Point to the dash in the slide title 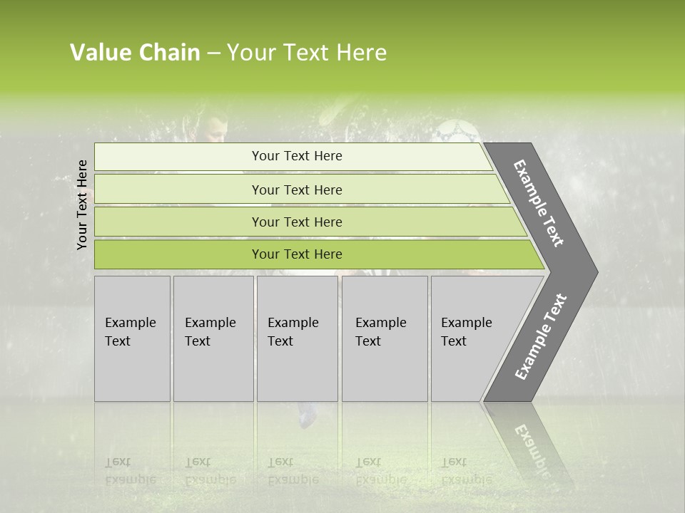click(213, 53)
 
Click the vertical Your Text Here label click(82, 204)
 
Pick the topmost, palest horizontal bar click(296, 156)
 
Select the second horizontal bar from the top click(296, 190)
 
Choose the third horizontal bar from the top click(296, 222)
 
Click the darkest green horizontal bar click(296, 254)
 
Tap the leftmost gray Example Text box click(132, 338)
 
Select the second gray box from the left click(213, 338)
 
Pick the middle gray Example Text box click(297, 338)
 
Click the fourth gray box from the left click(384, 338)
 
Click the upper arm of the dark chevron click(541, 203)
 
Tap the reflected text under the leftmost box click(131, 471)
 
